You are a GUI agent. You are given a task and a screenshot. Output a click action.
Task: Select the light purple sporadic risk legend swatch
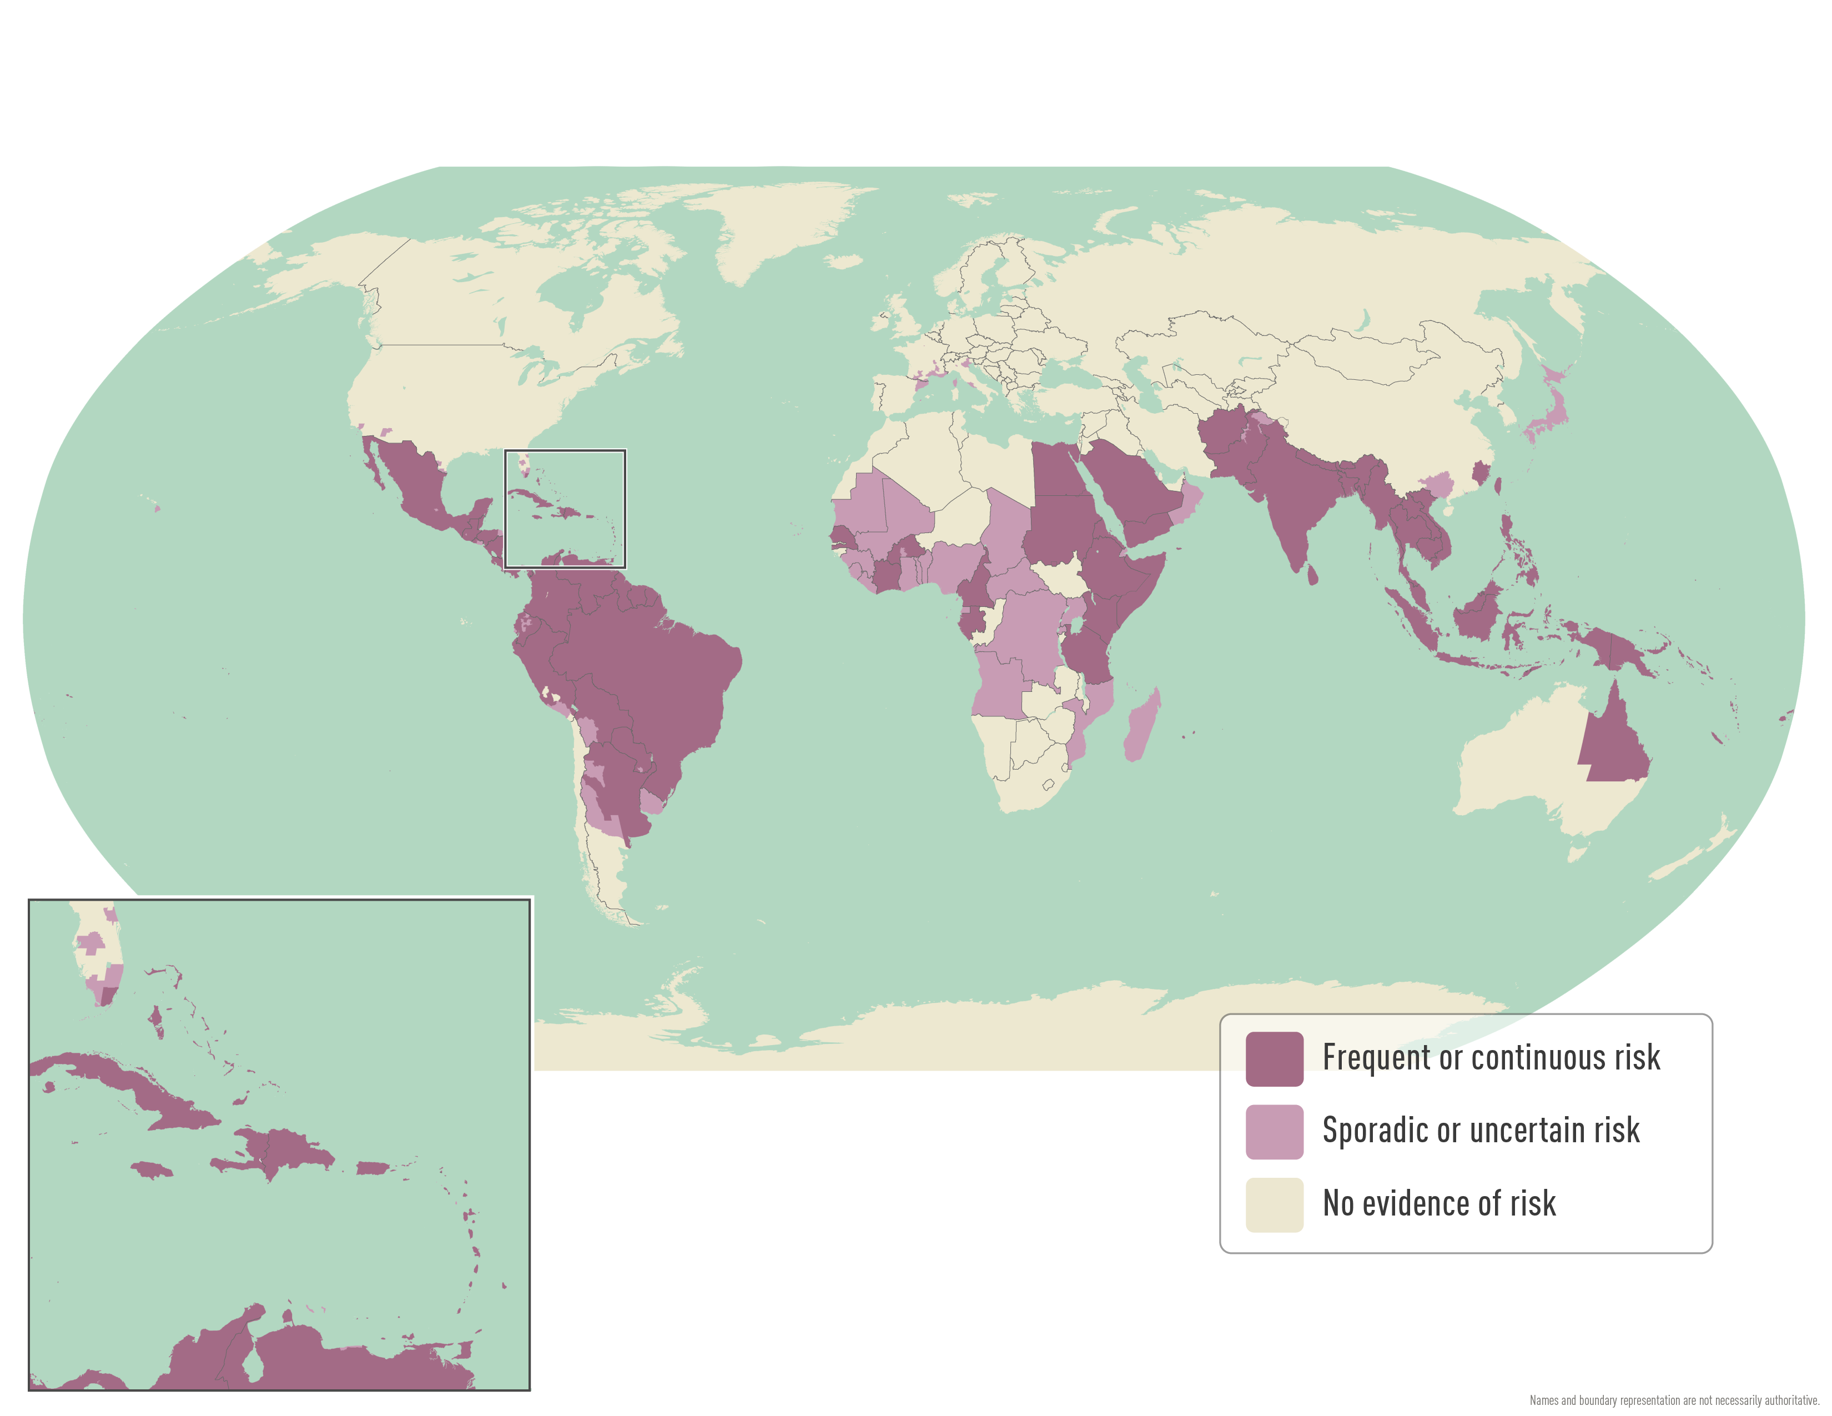[x=1274, y=1132]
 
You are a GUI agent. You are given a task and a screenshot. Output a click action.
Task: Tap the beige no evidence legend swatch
[x=1274, y=1204]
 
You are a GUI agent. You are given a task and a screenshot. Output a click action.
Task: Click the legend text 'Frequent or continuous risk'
[x=1491, y=1058]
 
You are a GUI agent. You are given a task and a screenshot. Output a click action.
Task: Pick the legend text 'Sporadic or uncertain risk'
[x=1481, y=1131]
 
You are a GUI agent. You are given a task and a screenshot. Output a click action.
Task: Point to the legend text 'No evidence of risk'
[x=1438, y=1204]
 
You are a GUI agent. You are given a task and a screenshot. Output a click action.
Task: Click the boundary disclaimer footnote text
[x=1673, y=1400]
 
